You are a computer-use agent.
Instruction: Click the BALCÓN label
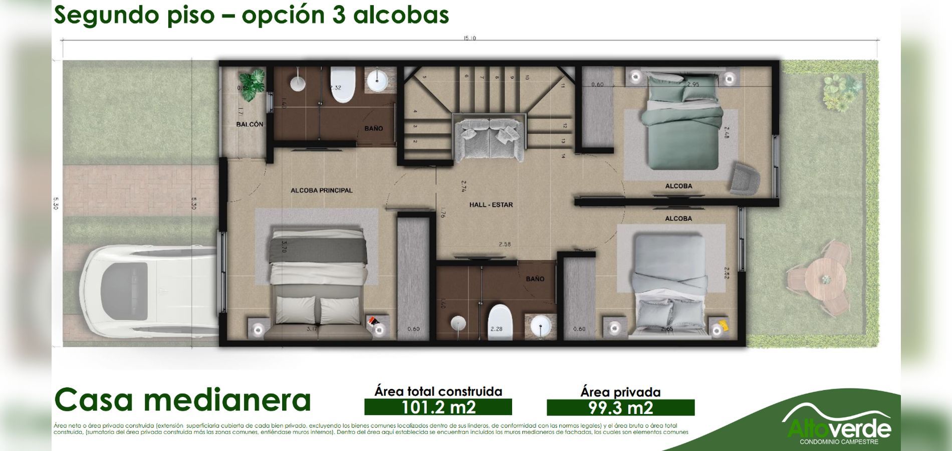(x=250, y=124)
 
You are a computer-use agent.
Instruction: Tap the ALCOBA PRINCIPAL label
(x=321, y=190)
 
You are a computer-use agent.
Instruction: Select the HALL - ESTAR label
(x=491, y=205)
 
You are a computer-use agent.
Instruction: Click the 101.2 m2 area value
(x=438, y=407)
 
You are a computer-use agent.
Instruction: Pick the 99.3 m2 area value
(x=620, y=407)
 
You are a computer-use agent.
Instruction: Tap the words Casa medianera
(x=182, y=400)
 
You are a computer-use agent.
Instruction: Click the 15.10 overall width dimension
(x=469, y=39)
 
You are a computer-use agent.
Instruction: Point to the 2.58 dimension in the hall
(x=505, y=245)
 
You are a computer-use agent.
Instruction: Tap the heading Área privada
(x=620, y=392)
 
